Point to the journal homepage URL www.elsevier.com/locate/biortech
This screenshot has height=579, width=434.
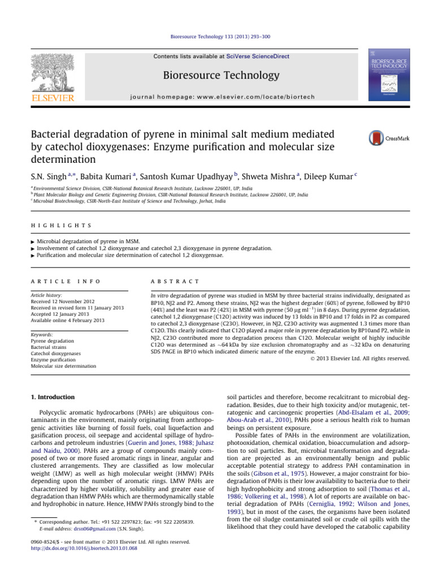coord(248,96)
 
